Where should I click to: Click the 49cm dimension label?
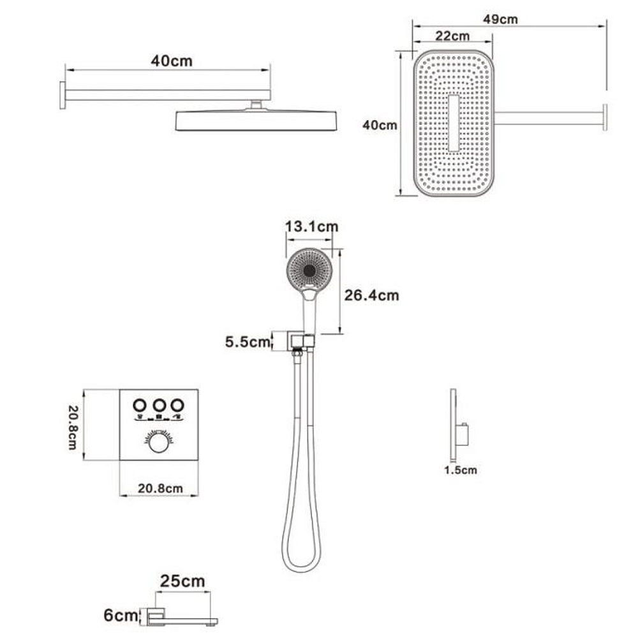coord(500,19)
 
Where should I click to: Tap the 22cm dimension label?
coord(452,36)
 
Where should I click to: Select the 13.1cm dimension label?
coord(311,226)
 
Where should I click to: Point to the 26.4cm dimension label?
coord(371,295)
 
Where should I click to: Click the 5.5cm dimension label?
coord(248,342)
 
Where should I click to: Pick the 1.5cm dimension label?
coord(460,470)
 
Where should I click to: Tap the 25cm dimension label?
coord(182,581)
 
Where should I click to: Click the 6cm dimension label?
coord(121,615)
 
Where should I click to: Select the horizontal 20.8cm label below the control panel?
coord(160,488)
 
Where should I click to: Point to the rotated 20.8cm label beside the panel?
coord(73,427)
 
